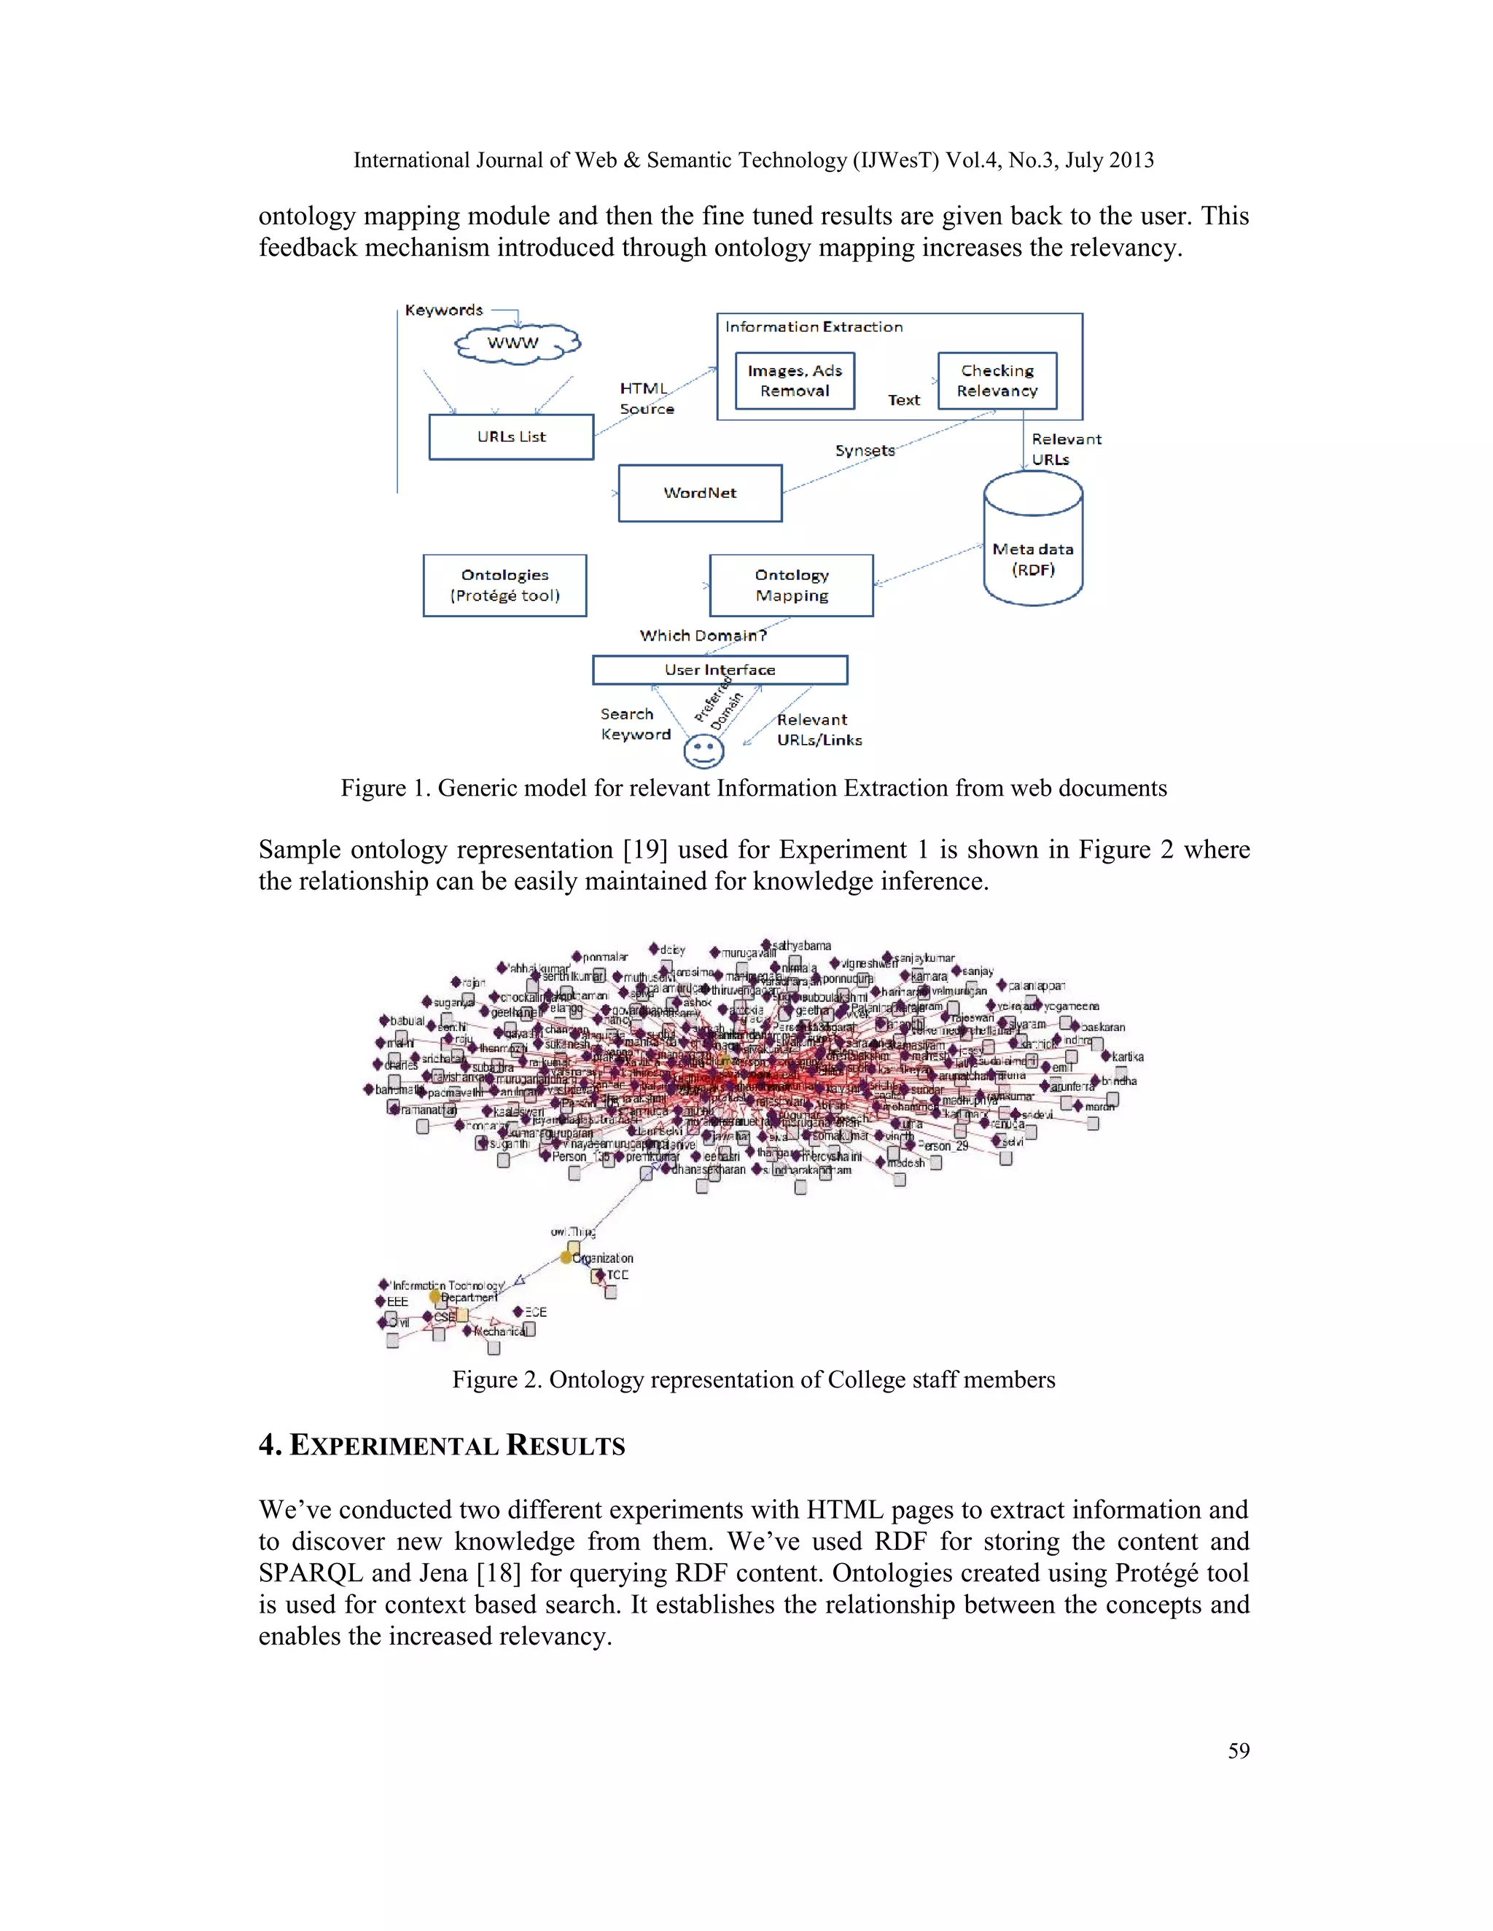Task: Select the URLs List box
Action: coord(511,436)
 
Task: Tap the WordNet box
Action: coord(700,493)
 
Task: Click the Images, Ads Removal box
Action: coord(795,381)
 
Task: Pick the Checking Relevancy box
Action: coord(997,381)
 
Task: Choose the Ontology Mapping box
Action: coord(791,585)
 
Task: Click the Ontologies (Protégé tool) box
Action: coord(504,585)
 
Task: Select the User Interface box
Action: coord(720,670)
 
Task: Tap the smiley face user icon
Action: coord(704,753)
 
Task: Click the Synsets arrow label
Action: coord(865,451)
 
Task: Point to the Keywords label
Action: coord(444,310)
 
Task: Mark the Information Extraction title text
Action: coord(814,327)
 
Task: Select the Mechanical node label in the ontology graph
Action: coord(501,1331)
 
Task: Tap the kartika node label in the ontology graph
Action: coord(1128,1057)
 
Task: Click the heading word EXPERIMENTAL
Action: coord(394,1446)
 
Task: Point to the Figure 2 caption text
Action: coord(754,1380)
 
